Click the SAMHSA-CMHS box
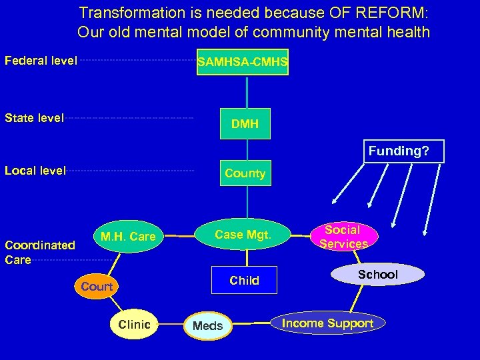coord(243,63)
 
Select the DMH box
coord(245,124)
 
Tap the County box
coord(245,173)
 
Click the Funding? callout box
coord(399,151)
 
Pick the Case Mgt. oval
coord(243,234)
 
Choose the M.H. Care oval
coord(128,236)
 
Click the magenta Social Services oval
coord(343,237)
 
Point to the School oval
coord(377,274)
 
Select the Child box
coord(244,281)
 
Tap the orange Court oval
coord(97,287)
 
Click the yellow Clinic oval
coord(135,325)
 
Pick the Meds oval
coord(208,326)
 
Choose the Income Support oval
coord(327,323)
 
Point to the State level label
coord(35,118)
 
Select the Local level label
coord(35,171)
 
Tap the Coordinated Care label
coord(39,252)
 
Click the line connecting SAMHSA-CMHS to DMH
coord(247,92)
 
